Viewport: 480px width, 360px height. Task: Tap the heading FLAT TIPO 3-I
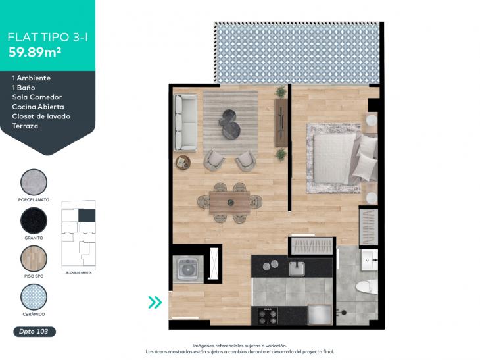[48, 37]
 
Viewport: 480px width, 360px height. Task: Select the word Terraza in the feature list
[26, 126]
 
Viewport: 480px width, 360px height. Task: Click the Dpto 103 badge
[34, 332]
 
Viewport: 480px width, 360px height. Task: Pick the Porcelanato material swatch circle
[34, 182]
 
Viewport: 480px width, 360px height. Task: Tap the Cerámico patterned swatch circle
[34, 296]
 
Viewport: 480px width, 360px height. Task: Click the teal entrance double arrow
[155, 302]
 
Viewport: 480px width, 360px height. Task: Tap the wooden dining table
[229, 199]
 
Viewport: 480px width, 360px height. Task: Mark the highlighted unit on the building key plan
[87, 215]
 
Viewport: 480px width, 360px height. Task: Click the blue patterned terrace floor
[297, 53]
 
